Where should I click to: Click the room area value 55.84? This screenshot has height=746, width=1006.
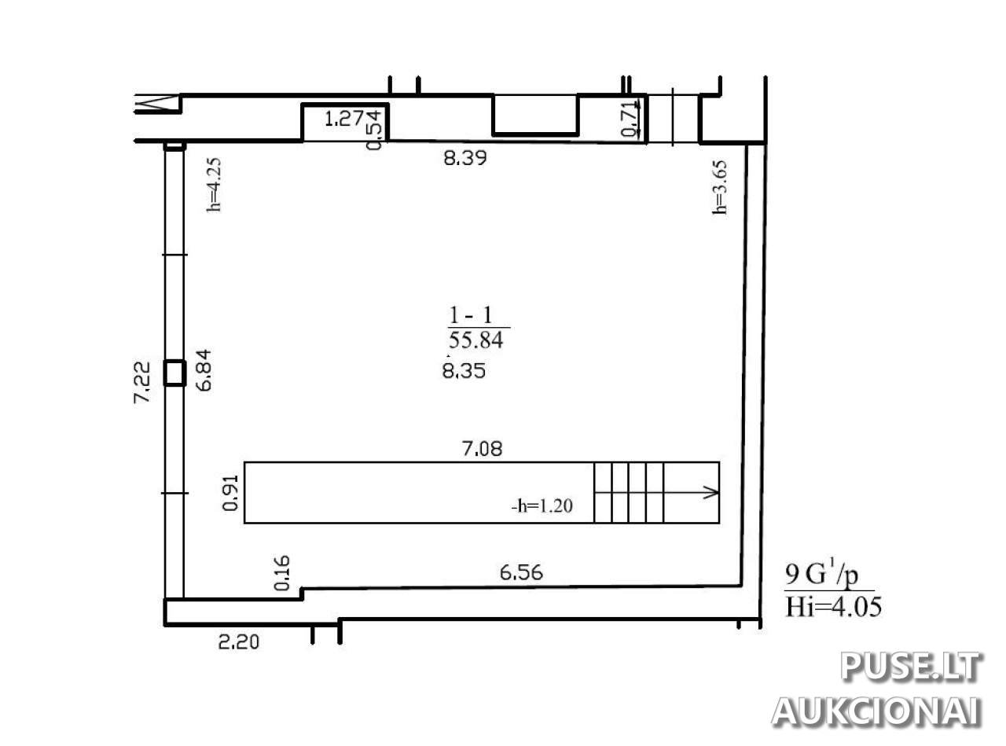pos(475,340)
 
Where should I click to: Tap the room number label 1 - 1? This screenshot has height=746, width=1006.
pos(471,315)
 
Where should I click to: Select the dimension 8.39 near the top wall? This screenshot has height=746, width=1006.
pos(465,158)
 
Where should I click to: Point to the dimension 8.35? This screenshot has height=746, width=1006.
pos(464,371)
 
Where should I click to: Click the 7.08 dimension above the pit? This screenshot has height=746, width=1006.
pos(482,449)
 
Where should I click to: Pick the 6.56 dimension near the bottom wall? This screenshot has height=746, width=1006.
pos(521,572)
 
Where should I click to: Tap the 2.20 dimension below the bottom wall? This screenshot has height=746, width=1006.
pos(239,642)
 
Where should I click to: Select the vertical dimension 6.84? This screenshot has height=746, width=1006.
pos(204,369)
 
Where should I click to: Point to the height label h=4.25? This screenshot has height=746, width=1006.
pos(213,185)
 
